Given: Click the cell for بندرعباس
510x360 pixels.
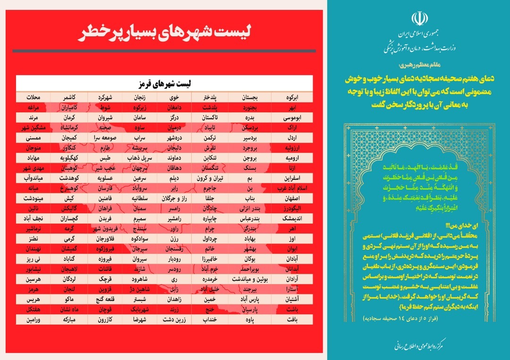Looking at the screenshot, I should [253, 219].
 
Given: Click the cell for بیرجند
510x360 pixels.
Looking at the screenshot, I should [254, 289].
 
